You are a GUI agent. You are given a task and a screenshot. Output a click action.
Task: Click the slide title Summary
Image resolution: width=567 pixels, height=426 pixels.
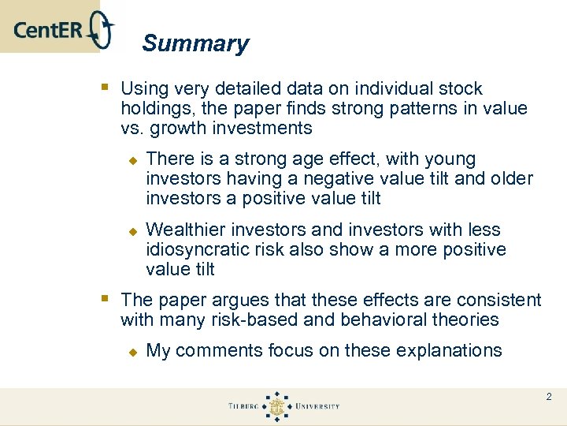coord(195,43)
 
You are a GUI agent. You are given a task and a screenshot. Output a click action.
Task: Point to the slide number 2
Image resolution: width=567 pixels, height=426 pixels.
coord(549,397)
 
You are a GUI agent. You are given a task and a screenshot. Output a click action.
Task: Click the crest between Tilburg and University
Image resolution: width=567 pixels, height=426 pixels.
coord(277,406)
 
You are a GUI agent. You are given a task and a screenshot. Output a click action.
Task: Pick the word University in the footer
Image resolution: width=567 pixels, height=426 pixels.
coord(317,406)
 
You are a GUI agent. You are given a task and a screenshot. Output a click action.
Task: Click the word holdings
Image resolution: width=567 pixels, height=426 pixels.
coord(154,109)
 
